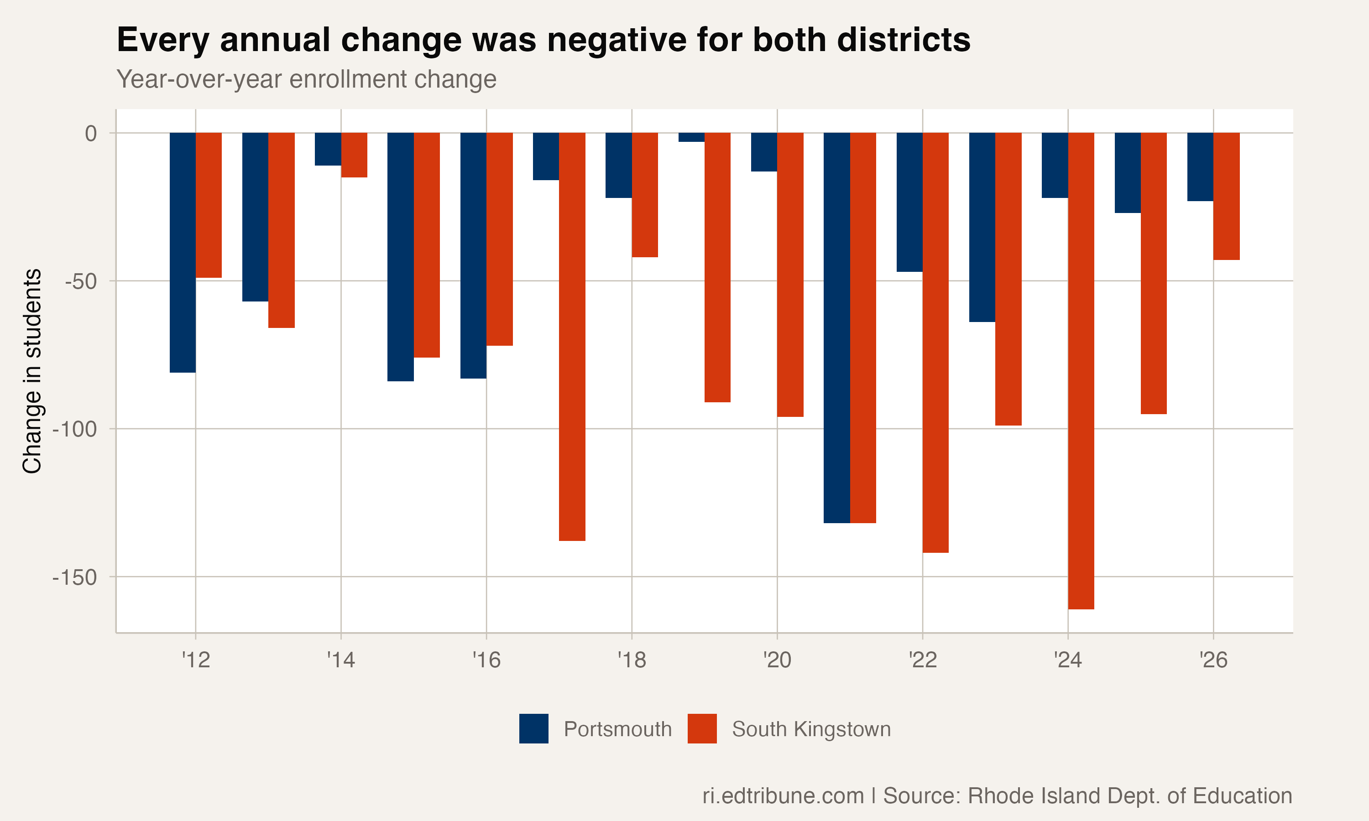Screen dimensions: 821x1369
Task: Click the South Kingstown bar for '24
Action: (1081, 371)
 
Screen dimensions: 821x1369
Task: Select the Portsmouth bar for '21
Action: (836, 327)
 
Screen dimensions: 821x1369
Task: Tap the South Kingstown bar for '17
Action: (572, 336)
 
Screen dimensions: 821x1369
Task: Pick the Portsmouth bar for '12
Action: (183, 252)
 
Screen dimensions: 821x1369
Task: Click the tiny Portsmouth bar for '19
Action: (691, 137)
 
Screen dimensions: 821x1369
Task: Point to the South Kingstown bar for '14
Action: (354, 155)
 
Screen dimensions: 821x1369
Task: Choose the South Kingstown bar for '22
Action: (935, 342)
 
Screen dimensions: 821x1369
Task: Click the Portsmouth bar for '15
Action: (400, 257)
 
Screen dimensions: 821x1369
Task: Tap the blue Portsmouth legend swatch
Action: (533, 728)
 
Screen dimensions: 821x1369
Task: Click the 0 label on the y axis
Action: (90, 133)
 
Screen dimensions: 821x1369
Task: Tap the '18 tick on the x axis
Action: (632, 660)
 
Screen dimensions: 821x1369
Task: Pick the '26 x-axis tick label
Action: (1213, 660)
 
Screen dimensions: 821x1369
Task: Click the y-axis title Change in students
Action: (32, 371)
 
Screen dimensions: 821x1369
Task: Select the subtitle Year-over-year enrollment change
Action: (306, 79)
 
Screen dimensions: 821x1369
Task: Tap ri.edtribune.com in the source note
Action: (783, 795)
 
